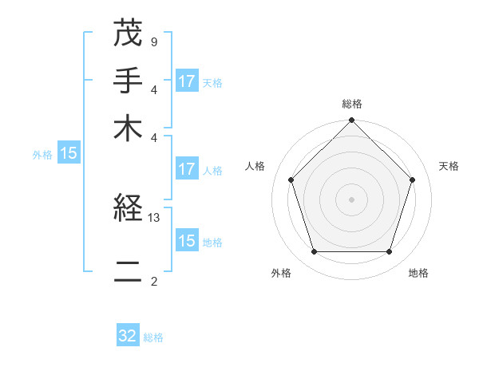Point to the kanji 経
[x=128, y=210]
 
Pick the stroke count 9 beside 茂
[x=153, y=41]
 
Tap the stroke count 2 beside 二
[x=153, y=281]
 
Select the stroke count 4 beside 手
[x=153, y=89]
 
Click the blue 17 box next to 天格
[x=187, y=81]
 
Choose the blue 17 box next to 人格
[x=187, y=169]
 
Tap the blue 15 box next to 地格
[x=187, y=241]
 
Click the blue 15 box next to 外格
[x=69, y=154]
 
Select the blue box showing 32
[x=128, y=336]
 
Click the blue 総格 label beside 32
[x=153, y=337]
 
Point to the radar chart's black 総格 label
[x=352, y=105]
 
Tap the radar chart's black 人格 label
[x=255, y=166]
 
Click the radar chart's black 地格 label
[x=418, y=273]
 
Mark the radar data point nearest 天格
[x=412, y=180]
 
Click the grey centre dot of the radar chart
[x=352, y=199]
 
